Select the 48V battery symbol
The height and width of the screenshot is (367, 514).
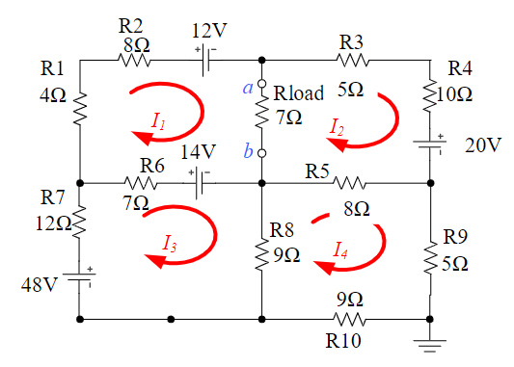[x=81, y=277]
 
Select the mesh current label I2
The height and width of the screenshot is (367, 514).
[x=337, y=125]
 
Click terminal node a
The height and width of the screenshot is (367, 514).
[x=261, y=85]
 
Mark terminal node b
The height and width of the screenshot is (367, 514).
[x=261, y=152]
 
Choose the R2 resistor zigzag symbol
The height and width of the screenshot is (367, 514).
[x=134, y=60]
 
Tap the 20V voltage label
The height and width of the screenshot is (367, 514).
[x=483, y=144]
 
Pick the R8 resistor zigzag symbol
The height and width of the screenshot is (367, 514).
[x=261, y=256]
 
